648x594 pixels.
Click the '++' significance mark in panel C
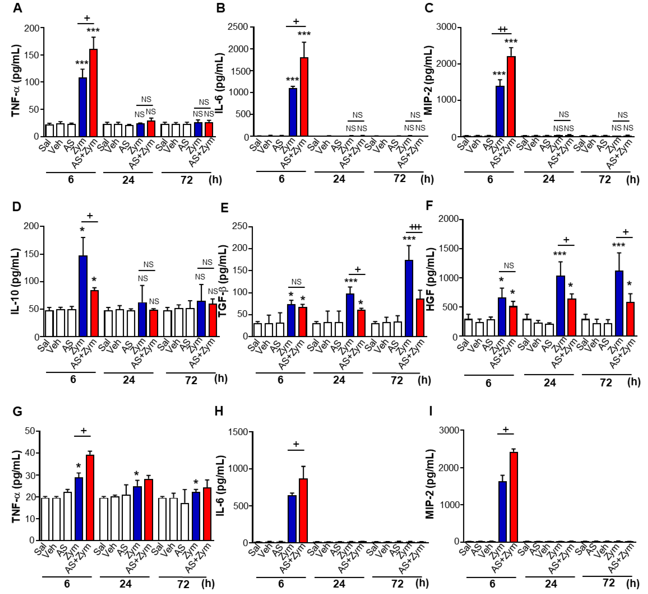503,29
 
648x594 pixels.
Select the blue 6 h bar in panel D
83,296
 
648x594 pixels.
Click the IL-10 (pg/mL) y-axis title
15,281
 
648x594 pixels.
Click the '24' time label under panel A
128,180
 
